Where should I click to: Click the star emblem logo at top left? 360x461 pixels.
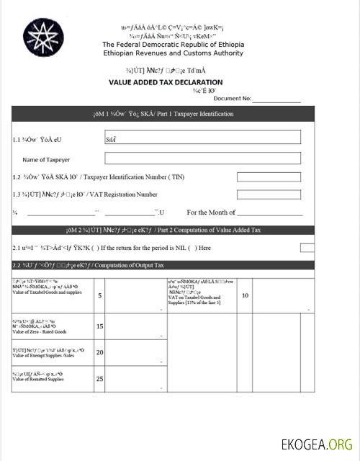pos(45,38)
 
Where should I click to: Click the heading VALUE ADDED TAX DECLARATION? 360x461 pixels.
pos(166,82)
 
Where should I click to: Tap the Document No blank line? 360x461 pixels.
pos(276,99)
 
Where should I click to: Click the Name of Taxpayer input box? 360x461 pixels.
pos(202,158)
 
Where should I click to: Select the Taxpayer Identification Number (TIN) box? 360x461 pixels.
pos(269,176)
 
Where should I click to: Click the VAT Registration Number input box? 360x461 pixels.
pos(269,194)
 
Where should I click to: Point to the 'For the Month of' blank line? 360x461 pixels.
pos(269,213)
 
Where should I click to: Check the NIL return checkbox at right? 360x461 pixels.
pos(307,248)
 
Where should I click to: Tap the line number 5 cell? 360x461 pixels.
pos(100,295)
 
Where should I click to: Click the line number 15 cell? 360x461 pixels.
pos(100,326)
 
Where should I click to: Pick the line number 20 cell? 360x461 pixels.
pos(100,352)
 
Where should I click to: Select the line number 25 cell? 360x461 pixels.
pos(100,378)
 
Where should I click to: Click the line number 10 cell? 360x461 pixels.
pos(245,295)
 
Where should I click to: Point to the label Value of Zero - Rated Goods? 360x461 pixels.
pos(40,332)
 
